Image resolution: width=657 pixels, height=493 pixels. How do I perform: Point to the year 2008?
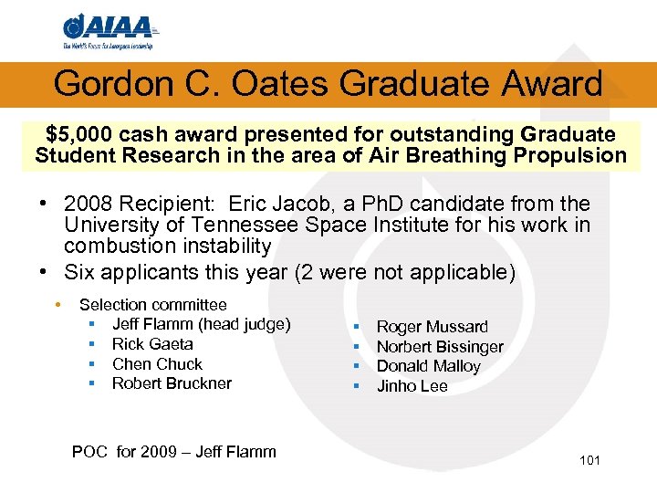click(x=88, y=204)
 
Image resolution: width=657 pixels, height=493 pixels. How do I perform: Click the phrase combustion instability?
click(x=167, y=246)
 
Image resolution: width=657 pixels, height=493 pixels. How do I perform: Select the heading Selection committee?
click(x=152, y=305)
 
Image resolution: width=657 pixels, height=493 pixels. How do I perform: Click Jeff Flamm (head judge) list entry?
click(x=201, y=324)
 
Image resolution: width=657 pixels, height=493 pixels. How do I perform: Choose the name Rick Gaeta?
click(x=152, y=344)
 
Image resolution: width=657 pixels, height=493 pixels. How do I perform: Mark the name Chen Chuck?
click(x=157, y=363)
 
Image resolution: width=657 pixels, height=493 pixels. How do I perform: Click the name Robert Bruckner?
click(x=172, y=383)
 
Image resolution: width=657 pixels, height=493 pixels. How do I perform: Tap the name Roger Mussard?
click(x=432, y=327)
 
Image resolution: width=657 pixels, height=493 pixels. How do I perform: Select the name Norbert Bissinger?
click(x=440, y=347)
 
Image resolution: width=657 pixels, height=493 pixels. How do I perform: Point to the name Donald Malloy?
click(x=428, y=366)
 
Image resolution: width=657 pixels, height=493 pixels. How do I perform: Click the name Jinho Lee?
click(x=412, y=386)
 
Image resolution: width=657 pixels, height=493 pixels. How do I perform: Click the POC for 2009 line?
click(x=173, y=451)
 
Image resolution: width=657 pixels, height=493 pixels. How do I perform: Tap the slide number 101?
click(x=589, y=460)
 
